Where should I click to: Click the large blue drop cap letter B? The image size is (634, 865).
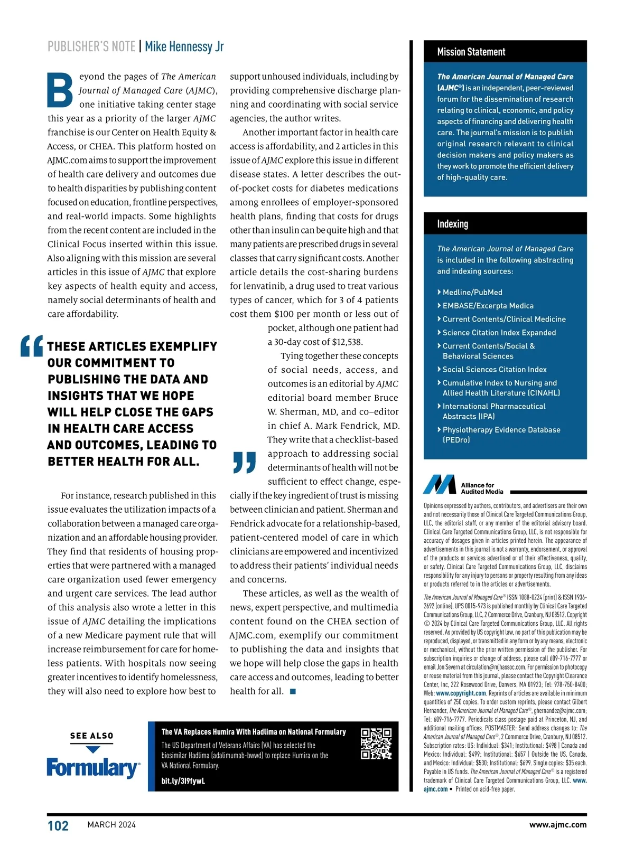click(x=60, y=89)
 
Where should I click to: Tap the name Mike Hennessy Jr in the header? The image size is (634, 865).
click(x=184, y=46)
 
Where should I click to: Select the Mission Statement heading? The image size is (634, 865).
click(x=471, y=52)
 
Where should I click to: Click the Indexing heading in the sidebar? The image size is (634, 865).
click(x=452, y=224)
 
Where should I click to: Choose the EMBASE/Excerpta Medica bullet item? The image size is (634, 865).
click(x=488, y=306)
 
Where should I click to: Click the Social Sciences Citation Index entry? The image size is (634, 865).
click(x=495, y=370)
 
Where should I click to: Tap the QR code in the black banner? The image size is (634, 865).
click(x=376, y=744)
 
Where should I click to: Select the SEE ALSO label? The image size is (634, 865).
click(x=91, y=736)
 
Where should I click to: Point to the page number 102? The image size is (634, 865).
click(x=58, y=826)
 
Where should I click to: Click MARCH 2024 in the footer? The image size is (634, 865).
click(x=111, y=825)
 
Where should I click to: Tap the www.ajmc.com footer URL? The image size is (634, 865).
click(x=558, y=825)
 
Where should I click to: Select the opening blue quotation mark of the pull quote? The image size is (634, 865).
click(x=31, y=347)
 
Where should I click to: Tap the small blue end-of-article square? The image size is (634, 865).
click(x=293, y=692)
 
